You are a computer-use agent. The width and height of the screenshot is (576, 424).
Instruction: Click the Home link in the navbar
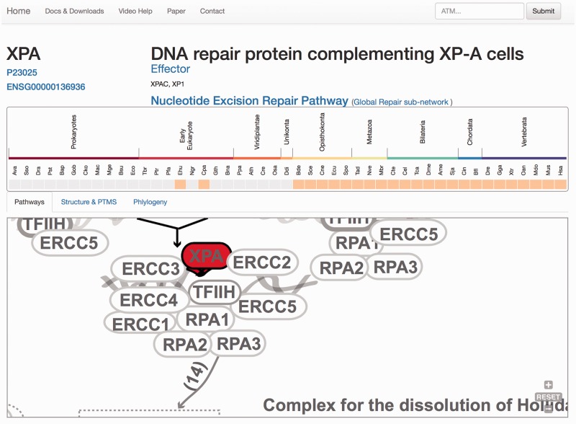(x=19, y=11)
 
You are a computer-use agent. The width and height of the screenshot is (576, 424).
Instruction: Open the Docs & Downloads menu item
(x=74, y=12)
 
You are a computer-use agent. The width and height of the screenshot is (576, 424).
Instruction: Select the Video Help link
(x=136, y=12)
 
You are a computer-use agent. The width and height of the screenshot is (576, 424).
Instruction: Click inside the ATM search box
(x=480, y=11)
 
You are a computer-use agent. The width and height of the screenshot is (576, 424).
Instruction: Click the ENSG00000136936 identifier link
(x=45, y=87)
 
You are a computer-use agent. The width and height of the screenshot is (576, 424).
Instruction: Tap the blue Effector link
(x=171, y=69)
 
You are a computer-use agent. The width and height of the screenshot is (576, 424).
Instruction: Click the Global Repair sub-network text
(x=401, y=102)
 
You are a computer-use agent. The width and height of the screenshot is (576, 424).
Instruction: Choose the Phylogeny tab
(x=150, y=203)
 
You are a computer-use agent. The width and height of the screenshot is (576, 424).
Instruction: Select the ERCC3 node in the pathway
(x=150, y=270)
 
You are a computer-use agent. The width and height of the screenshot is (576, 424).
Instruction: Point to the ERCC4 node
(x=148, y=300)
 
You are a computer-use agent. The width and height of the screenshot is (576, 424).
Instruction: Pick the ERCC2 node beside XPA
(x=262, y=262)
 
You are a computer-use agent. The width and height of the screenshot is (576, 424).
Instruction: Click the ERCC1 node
(x=141, y=324)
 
